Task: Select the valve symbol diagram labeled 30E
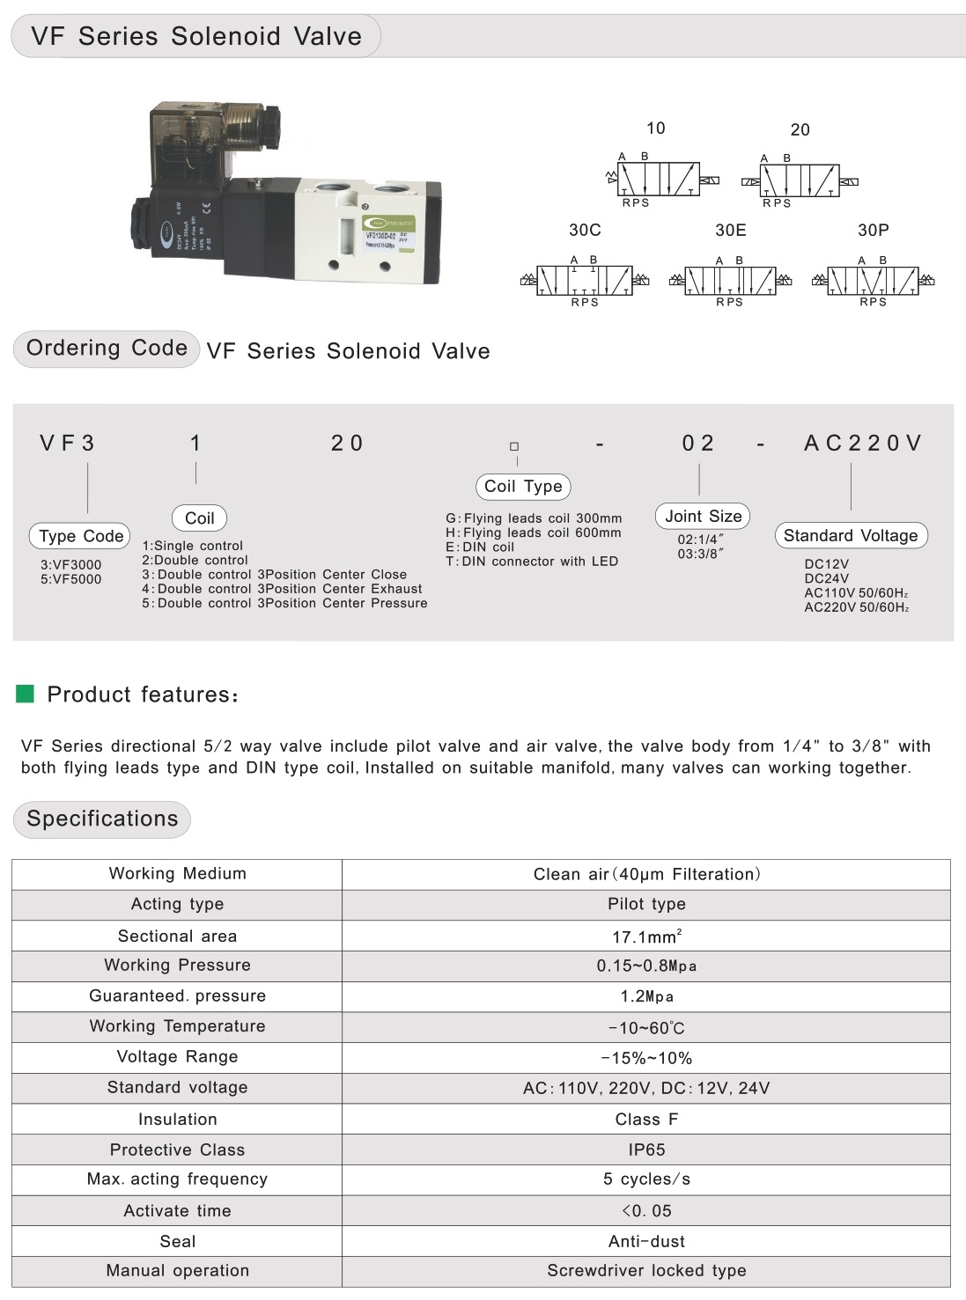730,281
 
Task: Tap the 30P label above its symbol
873,230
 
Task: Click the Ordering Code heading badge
107,349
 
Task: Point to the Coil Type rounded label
523,486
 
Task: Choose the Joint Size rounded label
703,516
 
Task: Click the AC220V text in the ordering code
862,443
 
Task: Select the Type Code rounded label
81,535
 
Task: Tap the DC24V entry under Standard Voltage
826,578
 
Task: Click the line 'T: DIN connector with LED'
532,561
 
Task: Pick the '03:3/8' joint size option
700,554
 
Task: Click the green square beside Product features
26,694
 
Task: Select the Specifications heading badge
102,819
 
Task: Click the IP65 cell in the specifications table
646,1149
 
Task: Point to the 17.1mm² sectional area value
646,936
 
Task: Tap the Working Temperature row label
177,1026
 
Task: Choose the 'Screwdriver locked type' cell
646,1270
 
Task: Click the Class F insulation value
646,1120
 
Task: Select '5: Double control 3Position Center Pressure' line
285,603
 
